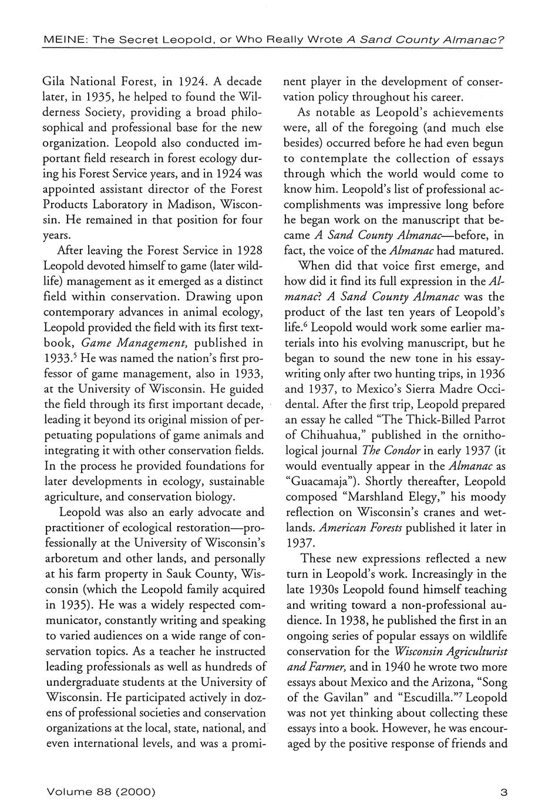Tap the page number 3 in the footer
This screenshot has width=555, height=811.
[503, 792]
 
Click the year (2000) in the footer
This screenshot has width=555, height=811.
[136, 792]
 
